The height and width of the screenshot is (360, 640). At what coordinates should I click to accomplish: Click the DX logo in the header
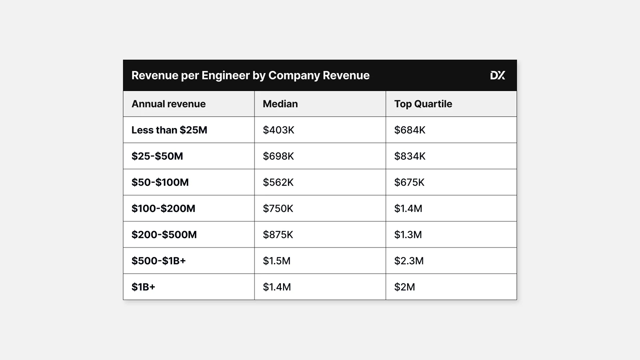(497, 75)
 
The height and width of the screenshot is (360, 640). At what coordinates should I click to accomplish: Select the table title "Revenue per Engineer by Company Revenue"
(250, 75)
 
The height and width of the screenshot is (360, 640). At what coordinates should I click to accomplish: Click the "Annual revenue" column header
(168, 104)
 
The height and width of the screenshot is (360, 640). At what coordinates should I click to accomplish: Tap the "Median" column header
(280, 104)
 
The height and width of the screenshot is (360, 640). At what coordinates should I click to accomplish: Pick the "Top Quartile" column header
(423, 104)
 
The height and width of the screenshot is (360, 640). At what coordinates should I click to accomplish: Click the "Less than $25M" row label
(169, 130)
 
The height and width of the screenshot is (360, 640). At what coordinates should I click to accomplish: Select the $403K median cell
(278, 130)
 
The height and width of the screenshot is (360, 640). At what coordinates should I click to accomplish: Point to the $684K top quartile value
(410, 130)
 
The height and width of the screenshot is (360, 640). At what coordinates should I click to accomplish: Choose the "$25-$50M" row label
(157, 156)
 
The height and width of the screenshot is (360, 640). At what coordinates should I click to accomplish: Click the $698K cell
(278, 156)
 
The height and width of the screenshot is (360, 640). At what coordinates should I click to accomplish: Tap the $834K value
(410, 156)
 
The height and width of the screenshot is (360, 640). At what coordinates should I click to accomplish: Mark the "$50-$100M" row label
(160, 182)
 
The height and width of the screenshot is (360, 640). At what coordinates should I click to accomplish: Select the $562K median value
(278, 182)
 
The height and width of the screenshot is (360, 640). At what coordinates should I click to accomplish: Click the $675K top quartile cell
(409, 182)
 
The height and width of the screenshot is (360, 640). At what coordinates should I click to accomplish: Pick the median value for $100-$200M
(278, 208)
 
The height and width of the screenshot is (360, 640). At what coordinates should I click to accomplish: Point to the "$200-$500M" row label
(164, 235)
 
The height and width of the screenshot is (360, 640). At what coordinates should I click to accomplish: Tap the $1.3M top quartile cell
(408, 235)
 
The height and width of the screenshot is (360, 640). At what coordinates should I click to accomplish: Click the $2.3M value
(409, 261)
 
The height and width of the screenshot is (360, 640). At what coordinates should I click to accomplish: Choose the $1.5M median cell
(277, 261)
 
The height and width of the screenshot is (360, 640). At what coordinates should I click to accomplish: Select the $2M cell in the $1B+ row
(404, 287)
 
